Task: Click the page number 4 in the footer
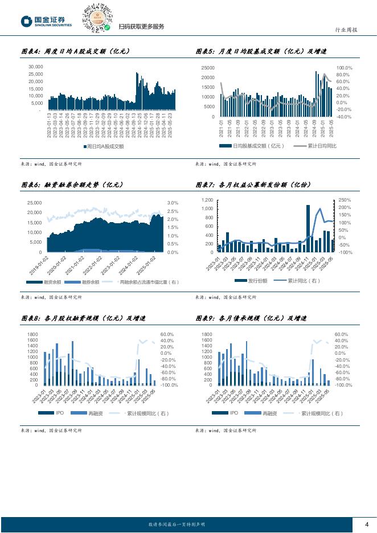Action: coord(367,524)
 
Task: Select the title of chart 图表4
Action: coord(76,52)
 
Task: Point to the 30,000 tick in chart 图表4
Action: coord(35,67)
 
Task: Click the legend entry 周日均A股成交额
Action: coord(105,146)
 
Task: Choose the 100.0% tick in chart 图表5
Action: coord(345,68)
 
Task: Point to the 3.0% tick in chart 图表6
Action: coord(173,203)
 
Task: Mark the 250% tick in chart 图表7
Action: coord(345,200)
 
